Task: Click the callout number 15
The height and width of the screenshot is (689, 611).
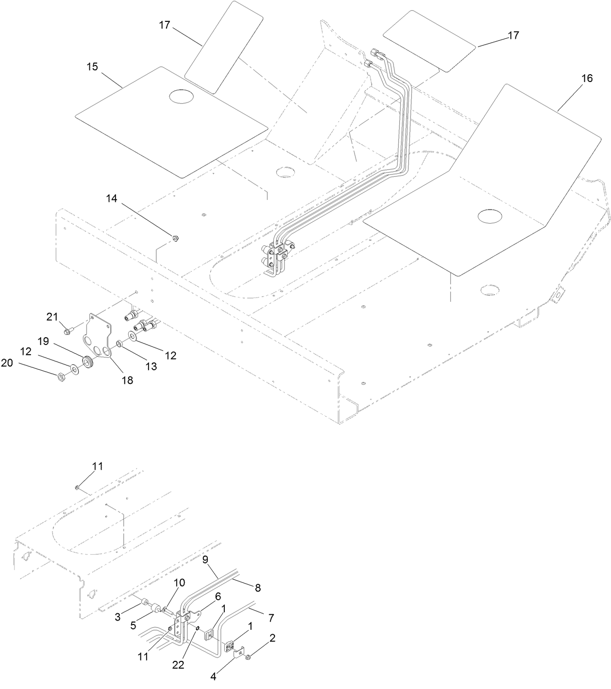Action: (92, 67)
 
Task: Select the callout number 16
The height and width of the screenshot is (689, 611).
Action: (587, 79)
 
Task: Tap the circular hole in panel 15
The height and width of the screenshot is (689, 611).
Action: (181, 96)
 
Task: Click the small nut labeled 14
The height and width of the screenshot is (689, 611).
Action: (176, 238)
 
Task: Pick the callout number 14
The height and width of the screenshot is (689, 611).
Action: (112, 198)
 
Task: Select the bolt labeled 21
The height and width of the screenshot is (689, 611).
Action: (67, 331)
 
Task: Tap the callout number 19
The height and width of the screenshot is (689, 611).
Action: (44, 341)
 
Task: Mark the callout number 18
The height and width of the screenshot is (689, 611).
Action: (127, 381)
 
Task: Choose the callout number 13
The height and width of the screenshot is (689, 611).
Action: (152, 366)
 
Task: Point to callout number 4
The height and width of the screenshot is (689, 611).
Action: (213, 676)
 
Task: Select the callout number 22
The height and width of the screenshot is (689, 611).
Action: (178, 666)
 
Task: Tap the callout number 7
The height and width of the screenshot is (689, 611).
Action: (271, 618)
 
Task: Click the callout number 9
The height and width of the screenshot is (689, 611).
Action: (205, 559)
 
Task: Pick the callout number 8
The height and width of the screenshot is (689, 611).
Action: (257, 588)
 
